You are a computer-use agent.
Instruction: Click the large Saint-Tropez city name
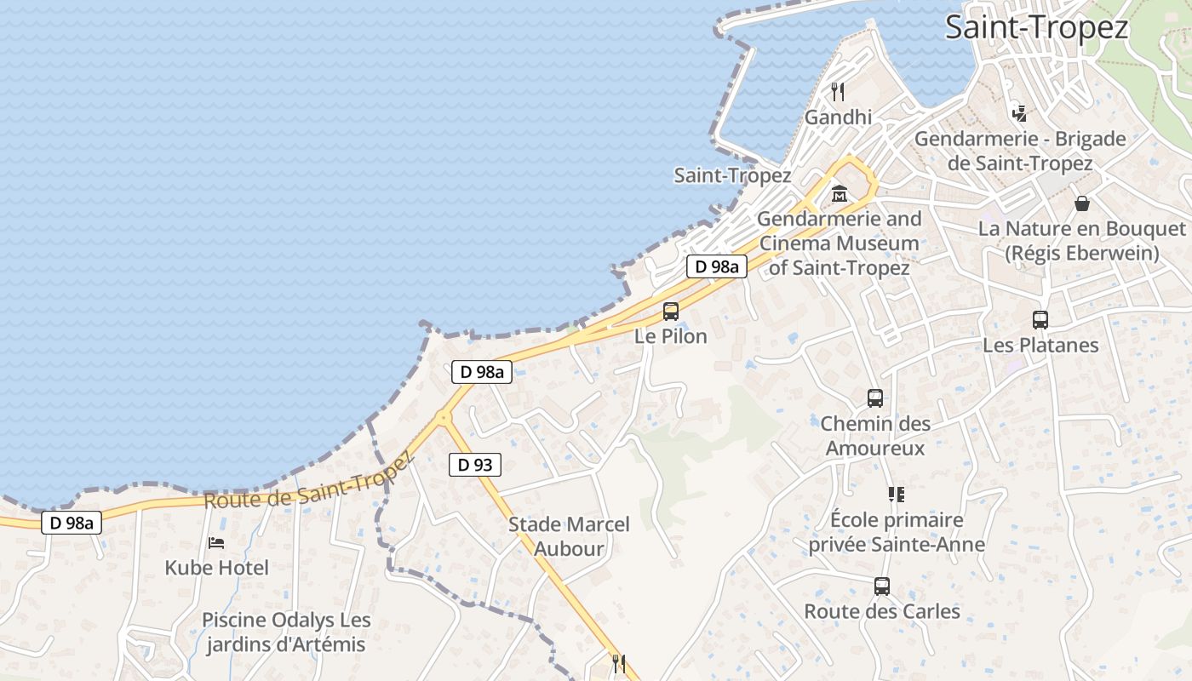1036,27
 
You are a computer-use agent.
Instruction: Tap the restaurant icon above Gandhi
838,91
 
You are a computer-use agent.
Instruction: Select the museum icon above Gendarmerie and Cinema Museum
840,193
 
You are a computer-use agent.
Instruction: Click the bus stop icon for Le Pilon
671,311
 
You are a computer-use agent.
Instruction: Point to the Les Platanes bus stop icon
1040,320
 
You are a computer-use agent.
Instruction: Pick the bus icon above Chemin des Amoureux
874,398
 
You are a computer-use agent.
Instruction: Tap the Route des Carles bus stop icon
881,586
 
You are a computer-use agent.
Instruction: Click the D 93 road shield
474,465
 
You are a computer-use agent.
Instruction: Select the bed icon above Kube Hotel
216,542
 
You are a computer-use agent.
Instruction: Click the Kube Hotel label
216,568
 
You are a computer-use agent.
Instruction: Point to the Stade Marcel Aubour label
569,536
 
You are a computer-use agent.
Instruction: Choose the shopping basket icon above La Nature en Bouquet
1081,203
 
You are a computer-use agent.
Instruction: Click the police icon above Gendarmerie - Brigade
1019,112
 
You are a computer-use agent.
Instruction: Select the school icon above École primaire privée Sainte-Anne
896,494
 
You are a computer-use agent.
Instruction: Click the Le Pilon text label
671,336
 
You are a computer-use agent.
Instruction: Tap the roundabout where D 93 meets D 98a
443,416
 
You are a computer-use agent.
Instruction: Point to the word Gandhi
838,117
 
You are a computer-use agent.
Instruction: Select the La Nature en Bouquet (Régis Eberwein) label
1081,241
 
